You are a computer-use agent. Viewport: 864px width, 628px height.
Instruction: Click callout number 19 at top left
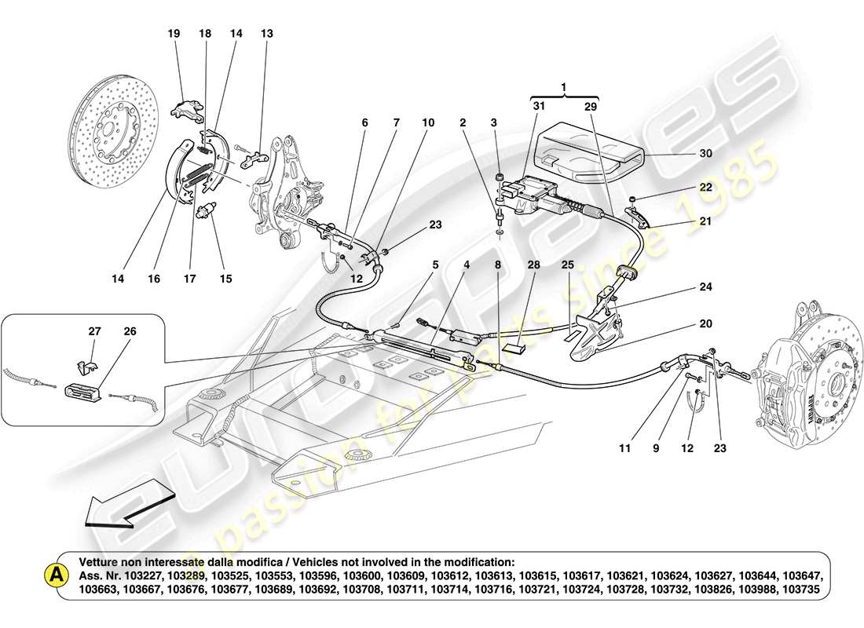coord(174,34)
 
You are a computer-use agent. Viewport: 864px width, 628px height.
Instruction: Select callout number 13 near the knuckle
coord(268,34)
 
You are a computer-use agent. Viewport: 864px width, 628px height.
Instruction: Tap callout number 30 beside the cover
coord(705,154)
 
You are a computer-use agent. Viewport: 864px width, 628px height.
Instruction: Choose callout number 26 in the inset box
coord(130,332)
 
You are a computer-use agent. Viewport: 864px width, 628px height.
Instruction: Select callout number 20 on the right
coord(705,323)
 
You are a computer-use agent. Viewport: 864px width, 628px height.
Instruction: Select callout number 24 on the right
coord(705,287)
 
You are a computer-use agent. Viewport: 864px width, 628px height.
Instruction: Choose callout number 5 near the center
coord(434,266)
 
